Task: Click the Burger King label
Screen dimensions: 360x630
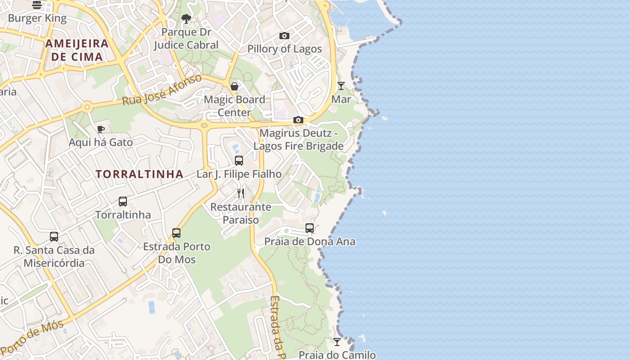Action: click(x=37, y=18)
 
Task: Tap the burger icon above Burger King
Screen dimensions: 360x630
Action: click(x=37, y=5)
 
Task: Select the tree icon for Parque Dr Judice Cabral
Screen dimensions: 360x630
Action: click(x=186, y=19)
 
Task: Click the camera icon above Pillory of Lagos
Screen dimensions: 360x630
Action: click(x=284, y=36)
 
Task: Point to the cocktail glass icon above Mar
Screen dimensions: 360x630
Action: click(x=341, y=85)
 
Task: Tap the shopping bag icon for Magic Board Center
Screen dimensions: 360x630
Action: click(x=234, y=86)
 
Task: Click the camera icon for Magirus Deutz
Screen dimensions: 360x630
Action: click(x=298, y=120)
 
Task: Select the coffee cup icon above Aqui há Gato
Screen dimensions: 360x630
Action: click(x=101, y=129)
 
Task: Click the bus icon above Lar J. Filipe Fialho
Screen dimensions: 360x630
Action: click(x=239, y=160)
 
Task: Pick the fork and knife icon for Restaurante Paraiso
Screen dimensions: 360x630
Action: click(x=241, y=193)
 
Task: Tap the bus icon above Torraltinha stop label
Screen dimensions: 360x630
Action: click(x=123, y=201)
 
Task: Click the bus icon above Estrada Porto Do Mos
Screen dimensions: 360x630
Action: click(x=176, y=233)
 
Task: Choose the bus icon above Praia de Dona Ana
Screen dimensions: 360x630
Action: click(x=310, y=228)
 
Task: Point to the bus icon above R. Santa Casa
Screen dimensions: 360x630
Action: click(x=54, y=236)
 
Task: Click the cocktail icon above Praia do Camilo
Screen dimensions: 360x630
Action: click(x=337, y=342)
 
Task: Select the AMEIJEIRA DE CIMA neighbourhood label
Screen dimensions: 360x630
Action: click(x=77, y=50)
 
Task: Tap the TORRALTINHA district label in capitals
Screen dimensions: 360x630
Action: click(x=139, y=174)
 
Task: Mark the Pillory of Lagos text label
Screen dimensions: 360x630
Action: click(x=285, y=49)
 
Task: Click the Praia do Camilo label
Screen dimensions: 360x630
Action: click(x=337, y=355)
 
